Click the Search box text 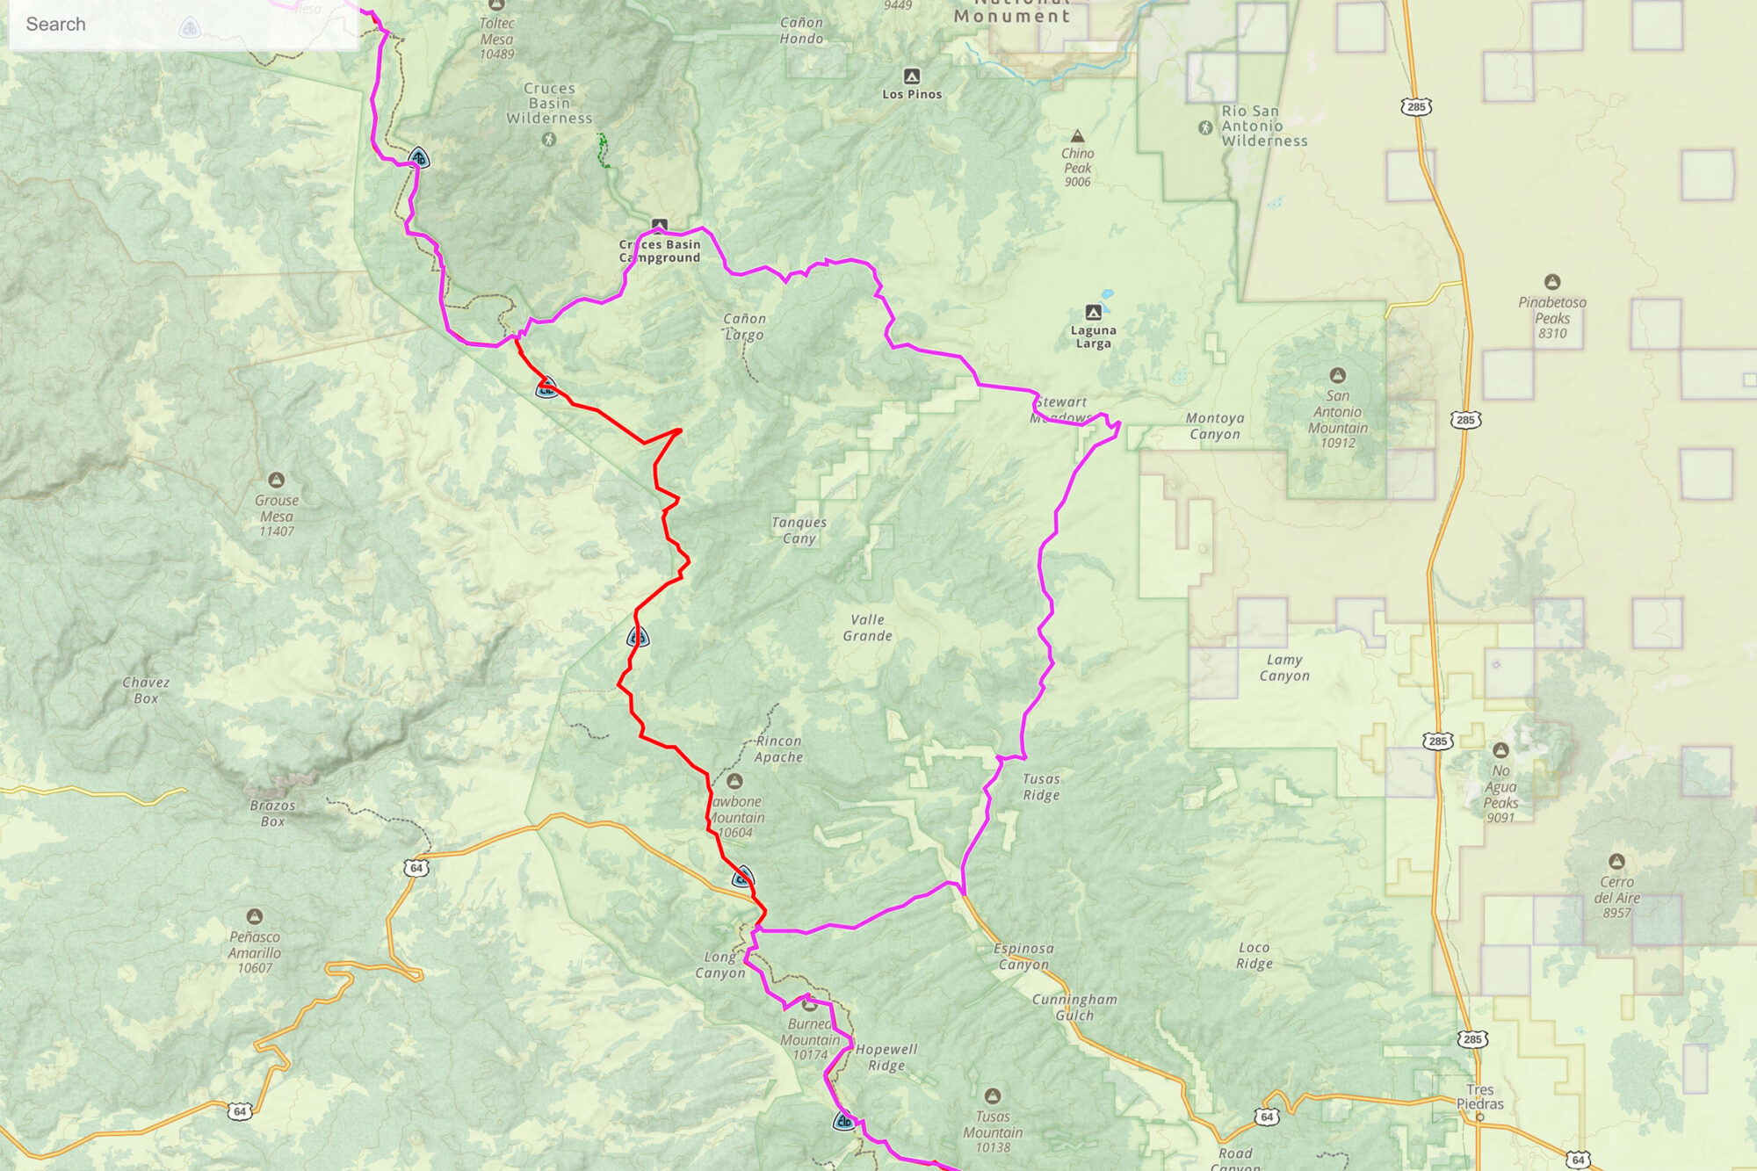click(x=56, y=25)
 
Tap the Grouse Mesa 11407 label click(x=277, y=516)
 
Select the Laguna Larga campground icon click(x=1093, y=313)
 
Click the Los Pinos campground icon click(x=912, y=76)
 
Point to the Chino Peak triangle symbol click(x=1077, y=136)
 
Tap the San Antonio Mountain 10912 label click(x=1337, y=419)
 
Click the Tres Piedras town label click(x=1479, y=1096)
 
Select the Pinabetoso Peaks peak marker click(x=1552, y=282)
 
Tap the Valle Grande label click(x=867, y=627)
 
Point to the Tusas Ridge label click(x=1041, y=786)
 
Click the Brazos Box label click(x=272, y=813)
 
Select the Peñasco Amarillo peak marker click(x=255, y=916)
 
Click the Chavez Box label click(x=146, y=690)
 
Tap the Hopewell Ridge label click(x=886, y=1057)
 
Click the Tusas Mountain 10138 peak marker click(x=993, y=1095)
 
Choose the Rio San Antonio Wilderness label click(x=1263, y=126)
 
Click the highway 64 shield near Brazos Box click(x=416, y=868)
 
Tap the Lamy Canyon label click(x=1284, y=667)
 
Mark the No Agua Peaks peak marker click(x=1500, y=750)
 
